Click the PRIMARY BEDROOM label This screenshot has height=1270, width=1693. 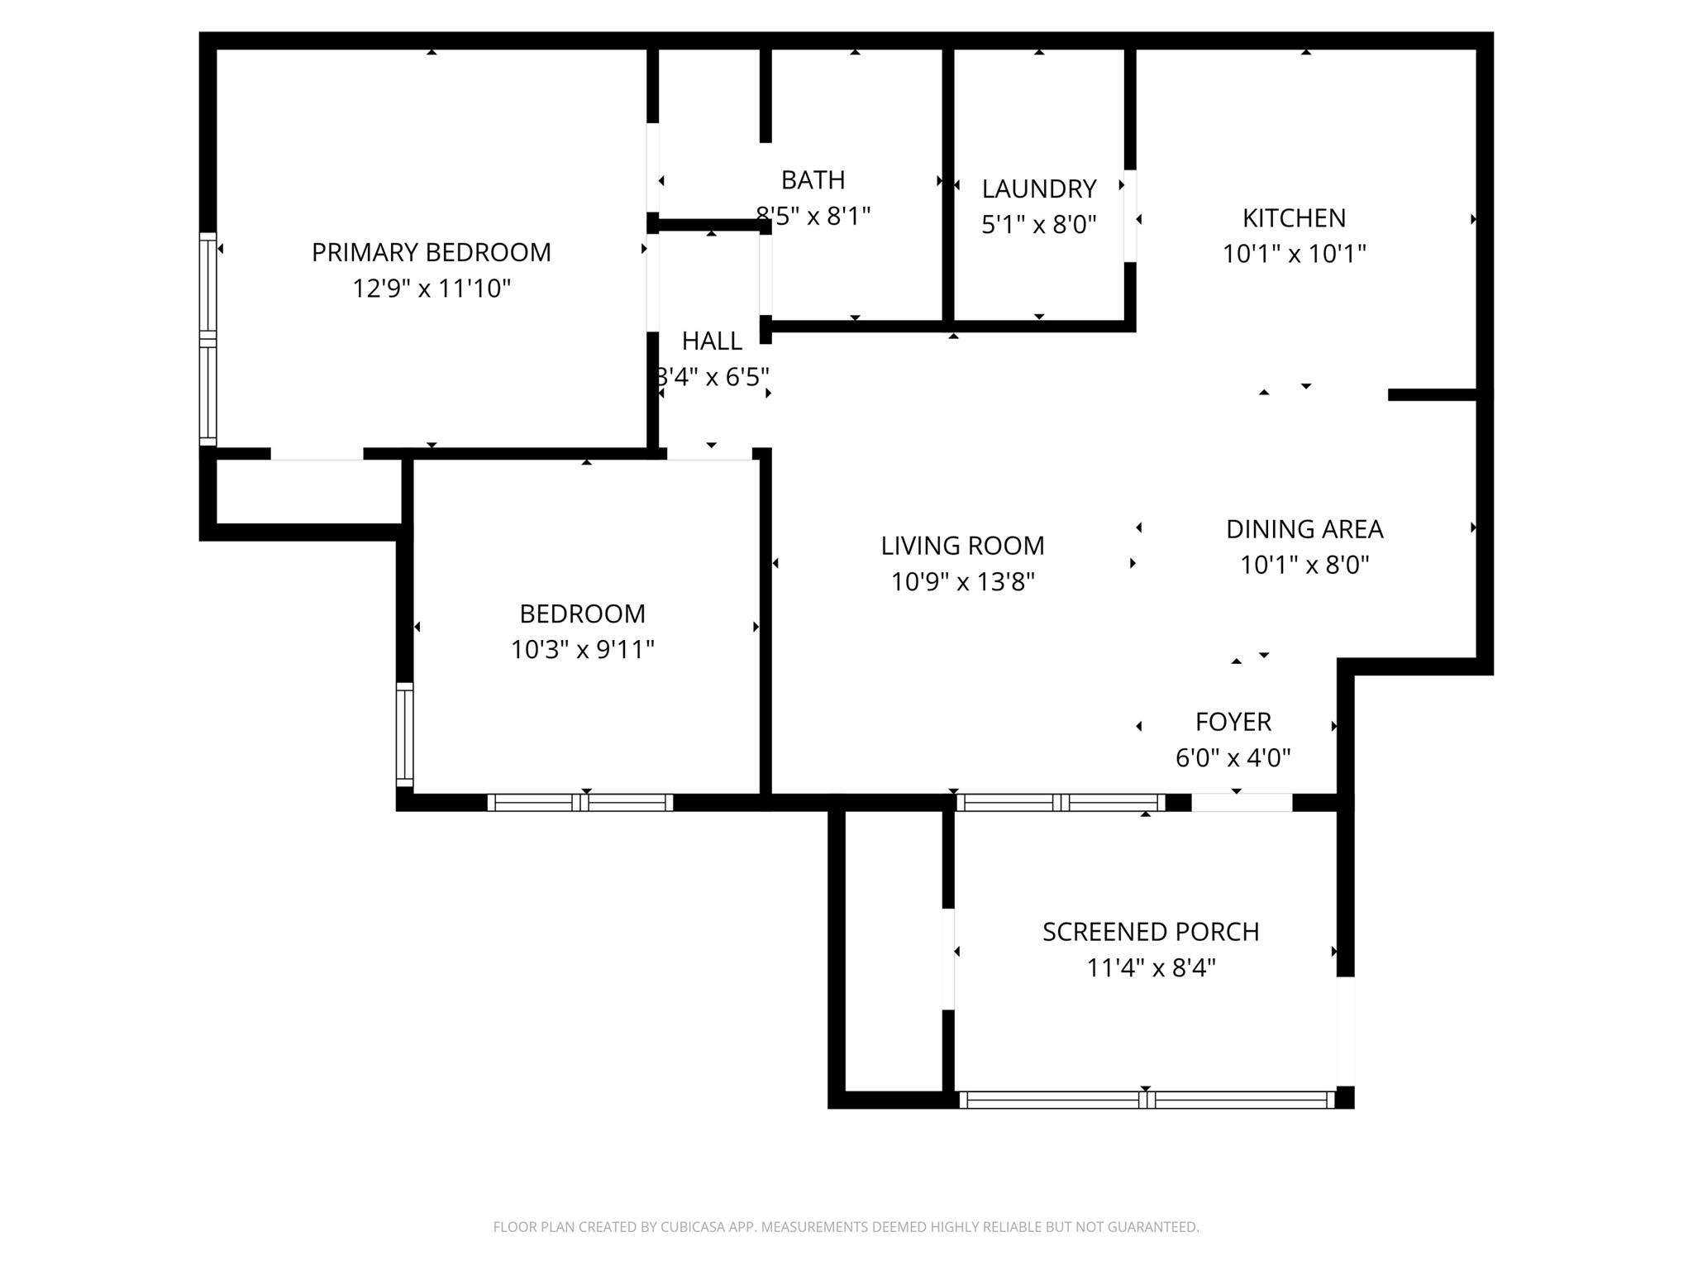tap(431, 252)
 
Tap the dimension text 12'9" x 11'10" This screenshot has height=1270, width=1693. tap(431, 289)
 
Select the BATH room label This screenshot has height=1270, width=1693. tap(813, 179)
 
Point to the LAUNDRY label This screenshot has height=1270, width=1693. tap(1038, 189)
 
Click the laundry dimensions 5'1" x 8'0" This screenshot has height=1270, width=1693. tap(1038, 224)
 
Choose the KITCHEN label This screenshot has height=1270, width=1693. tap(1294, 217)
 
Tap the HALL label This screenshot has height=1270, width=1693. tap(711, 341)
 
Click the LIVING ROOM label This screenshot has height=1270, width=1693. tap(962, 546)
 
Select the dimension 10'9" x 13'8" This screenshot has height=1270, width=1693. tap(962, 582)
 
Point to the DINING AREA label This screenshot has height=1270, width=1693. tap(1304, 529)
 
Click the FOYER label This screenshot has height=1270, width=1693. tap(1233, 722)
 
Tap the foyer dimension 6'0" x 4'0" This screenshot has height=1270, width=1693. tap(1233, 757)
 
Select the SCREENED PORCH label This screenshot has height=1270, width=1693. tap(1150, 932)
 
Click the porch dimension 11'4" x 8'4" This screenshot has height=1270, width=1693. tap(1150, 967)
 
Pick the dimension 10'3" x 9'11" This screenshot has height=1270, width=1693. tap(582, 650)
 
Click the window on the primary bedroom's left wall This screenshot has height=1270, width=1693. tap(207, 339)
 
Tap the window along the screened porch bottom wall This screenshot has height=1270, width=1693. tap(1146, 1100)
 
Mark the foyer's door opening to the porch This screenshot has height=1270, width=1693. tap(1241, 802)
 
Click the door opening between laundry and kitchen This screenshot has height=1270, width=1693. tap(1130, 216)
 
